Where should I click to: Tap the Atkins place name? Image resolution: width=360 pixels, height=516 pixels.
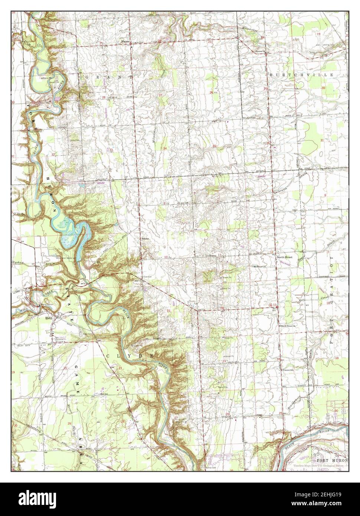pos(144,239)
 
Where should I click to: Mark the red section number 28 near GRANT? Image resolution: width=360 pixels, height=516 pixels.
pos(104,98)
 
